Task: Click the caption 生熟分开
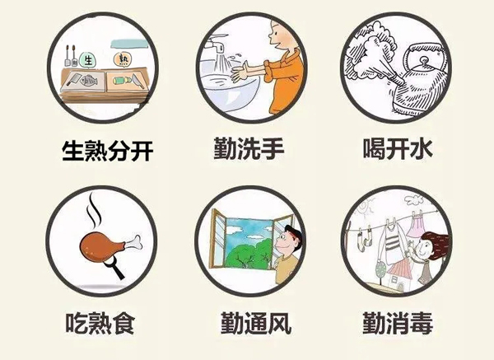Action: pos(107,151)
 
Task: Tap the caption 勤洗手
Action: pos(249,147)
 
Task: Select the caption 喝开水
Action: pos(398,148)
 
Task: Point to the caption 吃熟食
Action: pos(100,323)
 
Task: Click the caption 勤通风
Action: pos(255,323)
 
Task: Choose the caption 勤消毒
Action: pos(398,323)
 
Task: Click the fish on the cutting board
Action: pos(88,81)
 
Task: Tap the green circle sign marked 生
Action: pos(87,59)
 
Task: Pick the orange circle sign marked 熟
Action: pos(122,59)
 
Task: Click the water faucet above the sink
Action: pos(215,45)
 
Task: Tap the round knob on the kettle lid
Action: pos(424,59)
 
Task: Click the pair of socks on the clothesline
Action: pos(365,236)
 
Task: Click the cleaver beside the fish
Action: pos(72,78)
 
